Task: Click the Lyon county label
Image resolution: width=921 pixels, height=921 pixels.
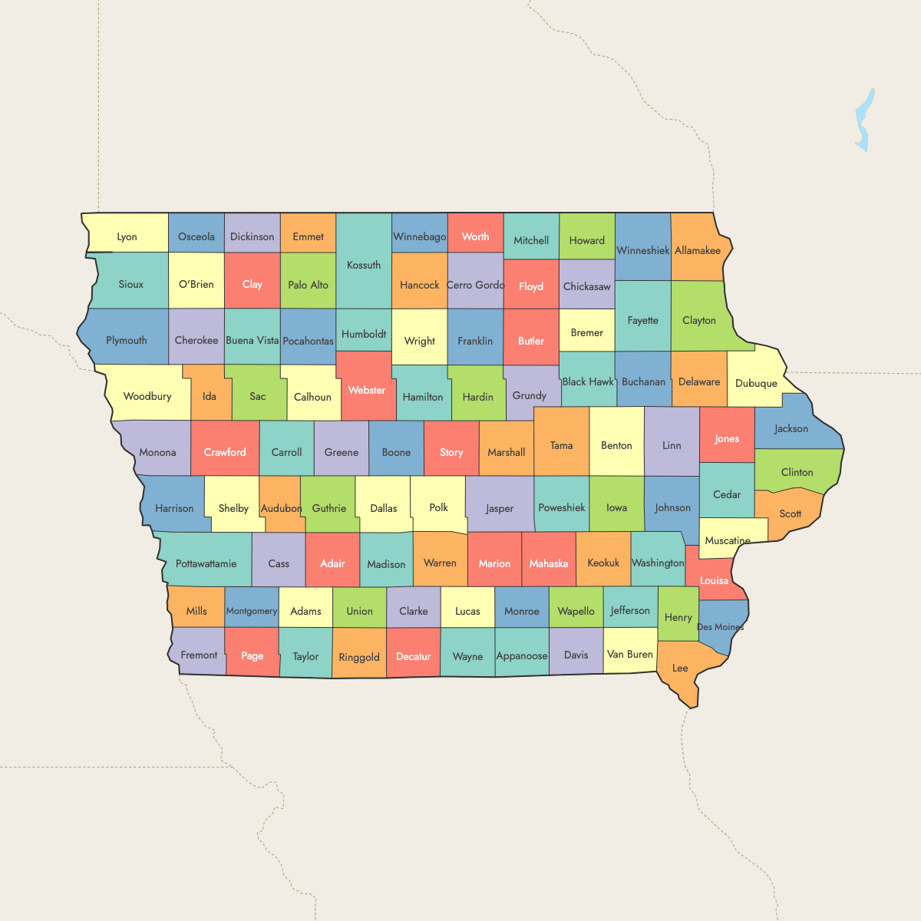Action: tap(127, 237)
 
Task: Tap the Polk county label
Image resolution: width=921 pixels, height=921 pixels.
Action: tap(438, 507)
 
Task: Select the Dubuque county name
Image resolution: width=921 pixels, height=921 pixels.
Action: tap(756, 383)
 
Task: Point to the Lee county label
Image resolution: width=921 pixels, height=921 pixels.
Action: tap(680, 668)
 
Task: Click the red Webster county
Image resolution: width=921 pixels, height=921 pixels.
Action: tap(367, 390)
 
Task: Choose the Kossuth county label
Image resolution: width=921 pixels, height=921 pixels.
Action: tap(364, 265)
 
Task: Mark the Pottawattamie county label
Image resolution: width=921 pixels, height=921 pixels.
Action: tap(206, 563)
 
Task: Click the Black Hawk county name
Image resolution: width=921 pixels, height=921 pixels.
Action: tap(588, 381)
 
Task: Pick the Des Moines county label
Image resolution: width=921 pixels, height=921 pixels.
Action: tap(720, 627)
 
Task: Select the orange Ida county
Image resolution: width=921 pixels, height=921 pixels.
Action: tap(209, 397)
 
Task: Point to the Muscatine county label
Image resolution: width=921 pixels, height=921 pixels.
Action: tap(728, 540)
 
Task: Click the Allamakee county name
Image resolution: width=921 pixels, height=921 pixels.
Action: tap(698, 250)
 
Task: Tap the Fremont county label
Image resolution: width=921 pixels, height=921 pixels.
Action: tap(199, 655)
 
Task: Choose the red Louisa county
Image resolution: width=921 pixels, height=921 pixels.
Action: tap(714, 580)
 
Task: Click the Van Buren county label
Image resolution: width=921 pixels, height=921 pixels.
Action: tap(629, 654)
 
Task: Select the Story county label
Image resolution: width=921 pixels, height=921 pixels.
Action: tap(451, 452)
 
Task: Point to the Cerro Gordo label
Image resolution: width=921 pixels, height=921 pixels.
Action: tap(475, 285)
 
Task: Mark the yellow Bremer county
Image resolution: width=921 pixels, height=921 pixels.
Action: tap(586, 332)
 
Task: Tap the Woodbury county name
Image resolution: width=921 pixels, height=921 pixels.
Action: tap(147, 396)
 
